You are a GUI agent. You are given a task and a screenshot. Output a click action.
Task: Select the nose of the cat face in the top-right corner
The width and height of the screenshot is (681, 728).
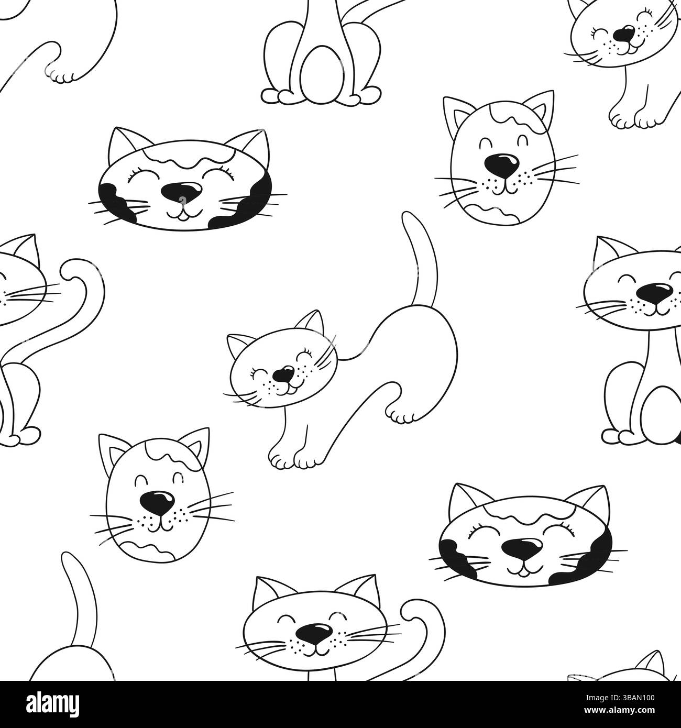622,35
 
